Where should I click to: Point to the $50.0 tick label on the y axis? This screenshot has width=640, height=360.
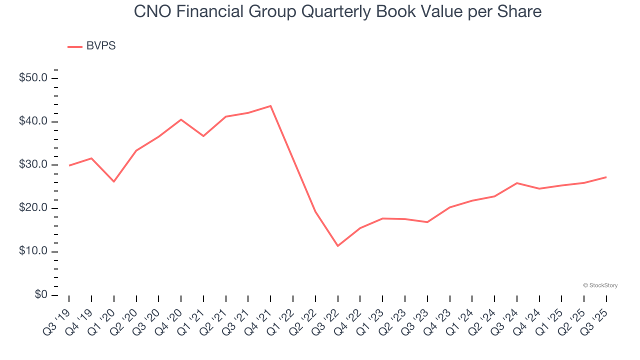point(33,78)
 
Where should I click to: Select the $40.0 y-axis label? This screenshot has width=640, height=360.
point(33,121)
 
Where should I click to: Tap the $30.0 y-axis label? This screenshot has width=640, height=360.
point(33,165)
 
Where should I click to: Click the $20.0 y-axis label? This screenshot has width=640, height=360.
point(33,208)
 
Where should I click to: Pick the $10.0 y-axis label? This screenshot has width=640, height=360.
point(33,251)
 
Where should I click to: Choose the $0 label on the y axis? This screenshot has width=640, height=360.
point(40,295)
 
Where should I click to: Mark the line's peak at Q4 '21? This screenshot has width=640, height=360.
point(270,106)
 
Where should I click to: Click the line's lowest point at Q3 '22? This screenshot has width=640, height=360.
point(338,246)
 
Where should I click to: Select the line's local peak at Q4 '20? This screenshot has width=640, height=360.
point(181,119)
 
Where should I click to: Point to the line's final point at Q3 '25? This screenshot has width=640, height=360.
point(606,177)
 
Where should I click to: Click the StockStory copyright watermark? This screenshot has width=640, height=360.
point(600,285)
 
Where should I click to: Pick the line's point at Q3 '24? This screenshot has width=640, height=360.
point(516,183)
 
